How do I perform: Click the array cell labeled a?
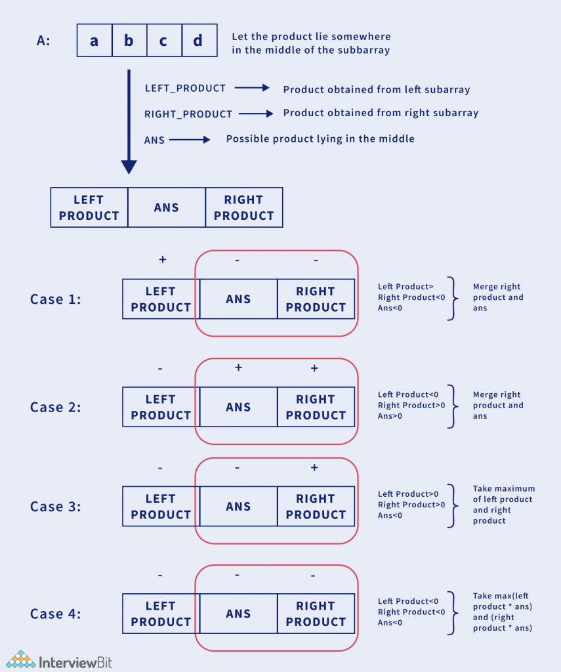[x=94, y=41]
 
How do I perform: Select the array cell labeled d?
[x=198, y=41]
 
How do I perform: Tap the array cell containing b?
[x=129, y=41]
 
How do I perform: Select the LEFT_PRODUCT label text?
[x=185, y=88]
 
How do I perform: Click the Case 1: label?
[x=56, y=299]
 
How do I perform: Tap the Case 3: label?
[x=56, y=507]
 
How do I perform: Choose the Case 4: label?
[x=56, y=614]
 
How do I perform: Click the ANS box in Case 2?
[x=238, y=407]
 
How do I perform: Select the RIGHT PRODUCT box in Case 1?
[x=316, y=299]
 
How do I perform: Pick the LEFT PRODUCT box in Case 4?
[x=161, y=614]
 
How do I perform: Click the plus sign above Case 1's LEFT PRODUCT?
[x=162, y=260]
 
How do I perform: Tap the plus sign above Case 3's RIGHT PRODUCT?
[x=314, y=468]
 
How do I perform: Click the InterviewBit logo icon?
[x=22, y=659]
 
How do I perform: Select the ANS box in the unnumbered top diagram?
[x=167, y=207]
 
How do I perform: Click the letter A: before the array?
[x=44, y=41]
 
